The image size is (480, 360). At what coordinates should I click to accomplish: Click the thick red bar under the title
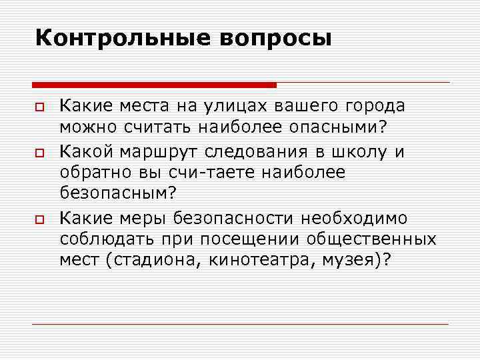(154, 85)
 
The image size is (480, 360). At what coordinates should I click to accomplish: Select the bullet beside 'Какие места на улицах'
(41, 107)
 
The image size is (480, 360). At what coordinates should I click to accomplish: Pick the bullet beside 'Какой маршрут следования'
(41, 153)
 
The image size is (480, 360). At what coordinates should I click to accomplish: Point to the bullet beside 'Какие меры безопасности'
(41, 219)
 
